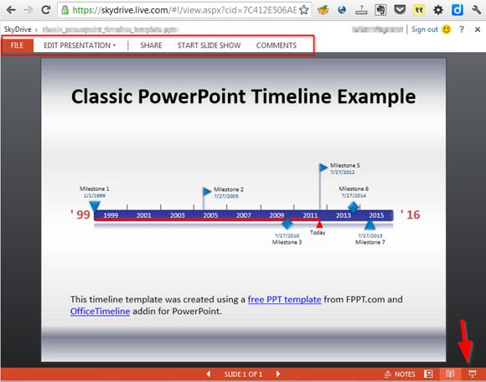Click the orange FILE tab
pyautogui.click(x=17, y=45)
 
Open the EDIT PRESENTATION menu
pyautogui.click(x=80, y=45)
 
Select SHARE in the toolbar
pyautogui.click(x=152, y=45)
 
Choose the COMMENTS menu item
pyautogui.click(x=276, y=45)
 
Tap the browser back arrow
pyautogui.click(x=11, y=10)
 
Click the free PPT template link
pyautogui.click(x=282, y=299)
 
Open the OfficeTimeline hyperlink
pyautogui.click(x=100, y=312)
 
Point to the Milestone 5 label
pyautogui.click(x=344, y=166)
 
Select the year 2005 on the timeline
pyautogui.click(x=210, y=215)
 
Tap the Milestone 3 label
pyautogui.click(x=287, y=242)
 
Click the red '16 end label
pyautogui.click(x=411, y=215)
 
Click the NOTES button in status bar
pyautogui.click(x=399, y=374)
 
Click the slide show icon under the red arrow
pyautogui.click(x=473, y=374)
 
